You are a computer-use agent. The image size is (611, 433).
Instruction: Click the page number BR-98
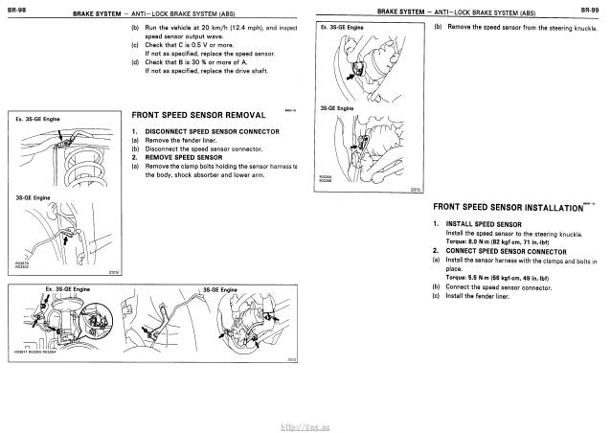[x=16, y=9]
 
